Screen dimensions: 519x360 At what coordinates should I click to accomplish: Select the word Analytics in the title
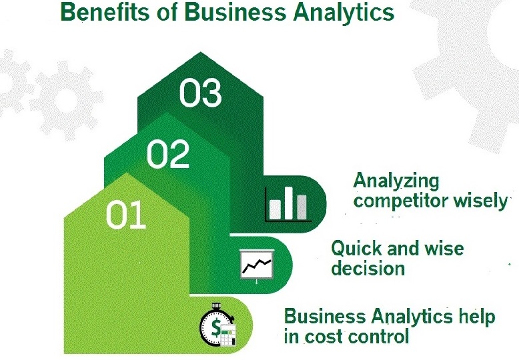click(344, 13)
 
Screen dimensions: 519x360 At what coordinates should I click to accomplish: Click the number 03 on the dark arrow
click(200, 93)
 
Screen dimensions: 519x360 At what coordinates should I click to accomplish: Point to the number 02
click(168, 154)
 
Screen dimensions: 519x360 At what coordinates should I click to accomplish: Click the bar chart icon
click(288, 204)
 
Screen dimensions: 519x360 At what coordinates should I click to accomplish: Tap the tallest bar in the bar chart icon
click(289, 203)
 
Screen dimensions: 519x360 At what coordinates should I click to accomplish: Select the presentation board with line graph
click(257, 266)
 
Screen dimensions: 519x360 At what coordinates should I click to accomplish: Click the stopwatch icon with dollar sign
click(217, 325)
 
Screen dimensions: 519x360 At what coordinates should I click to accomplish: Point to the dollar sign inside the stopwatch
click(216, 327)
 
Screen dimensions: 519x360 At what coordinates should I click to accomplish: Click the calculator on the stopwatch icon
click(228, 335)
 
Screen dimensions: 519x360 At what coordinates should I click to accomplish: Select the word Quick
click(356, 249)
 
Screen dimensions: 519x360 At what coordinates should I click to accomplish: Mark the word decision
click(368, 268)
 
